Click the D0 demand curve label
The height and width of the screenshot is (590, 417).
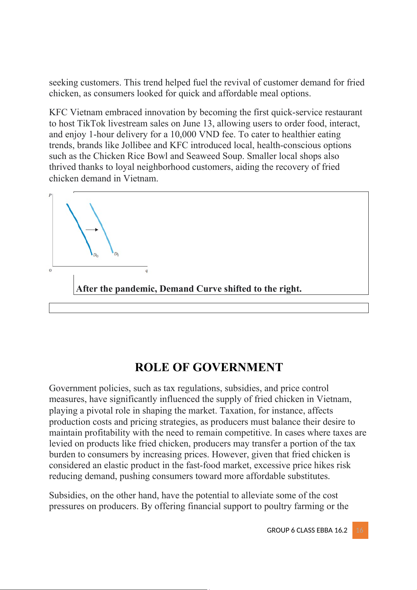96,255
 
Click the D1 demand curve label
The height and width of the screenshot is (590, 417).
117,254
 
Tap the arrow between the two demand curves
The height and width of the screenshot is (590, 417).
92,230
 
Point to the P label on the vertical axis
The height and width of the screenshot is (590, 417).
50,195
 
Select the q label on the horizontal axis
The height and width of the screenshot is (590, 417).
147,271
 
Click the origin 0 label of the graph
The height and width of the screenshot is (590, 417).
50,270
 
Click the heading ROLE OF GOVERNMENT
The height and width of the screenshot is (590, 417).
209,367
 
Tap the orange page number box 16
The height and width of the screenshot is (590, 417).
360,530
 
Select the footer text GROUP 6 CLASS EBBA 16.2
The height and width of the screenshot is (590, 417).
307,530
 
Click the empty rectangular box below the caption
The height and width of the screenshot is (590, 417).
209,308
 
